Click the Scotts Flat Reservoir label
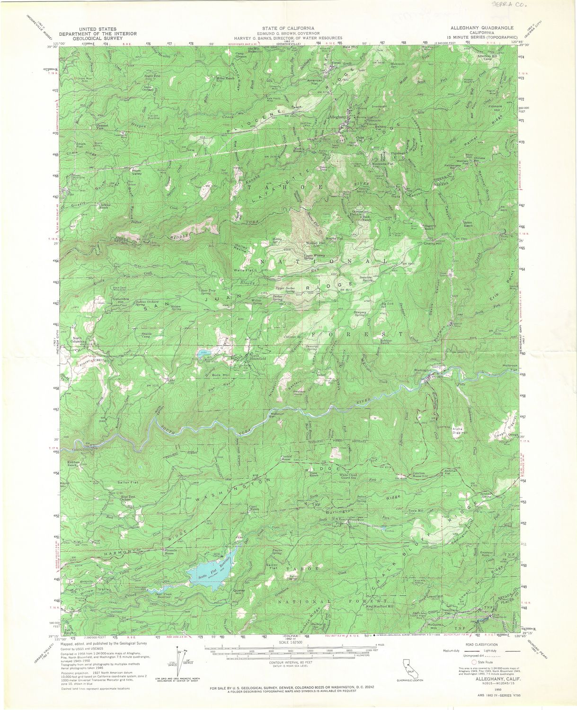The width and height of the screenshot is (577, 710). point(222,565)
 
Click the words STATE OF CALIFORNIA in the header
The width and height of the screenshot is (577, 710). point(288,28)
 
